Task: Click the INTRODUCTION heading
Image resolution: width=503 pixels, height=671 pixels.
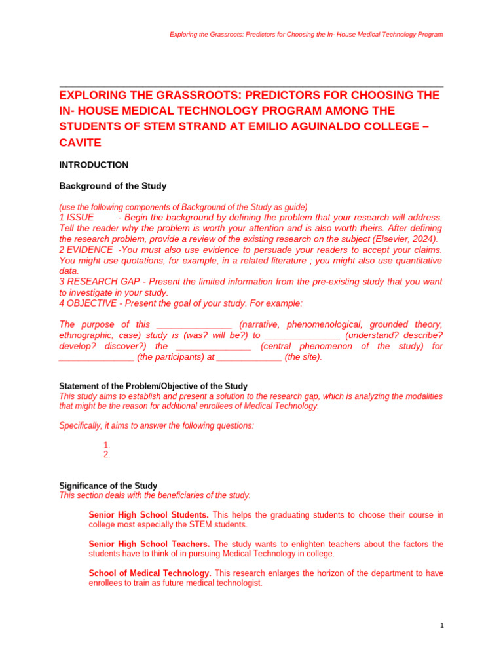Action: [94, 165]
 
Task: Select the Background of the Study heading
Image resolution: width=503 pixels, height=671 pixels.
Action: [113, 186]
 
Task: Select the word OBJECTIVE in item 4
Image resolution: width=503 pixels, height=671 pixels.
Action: [92, 303]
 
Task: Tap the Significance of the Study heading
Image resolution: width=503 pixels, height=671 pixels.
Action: [108, 486]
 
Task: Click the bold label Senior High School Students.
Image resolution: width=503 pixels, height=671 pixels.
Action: [149, 515]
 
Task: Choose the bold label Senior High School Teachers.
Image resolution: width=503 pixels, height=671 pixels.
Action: [149, 544]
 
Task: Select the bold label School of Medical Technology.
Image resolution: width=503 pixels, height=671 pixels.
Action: [150, 573]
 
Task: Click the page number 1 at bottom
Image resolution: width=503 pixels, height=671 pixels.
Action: [442, 626]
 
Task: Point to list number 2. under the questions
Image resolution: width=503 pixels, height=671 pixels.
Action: [107, 455]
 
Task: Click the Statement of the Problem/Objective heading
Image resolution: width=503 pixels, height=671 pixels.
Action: [153, 387]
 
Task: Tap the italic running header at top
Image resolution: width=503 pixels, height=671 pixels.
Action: [306, 34]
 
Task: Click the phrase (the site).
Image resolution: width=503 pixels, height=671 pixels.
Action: [303, 357]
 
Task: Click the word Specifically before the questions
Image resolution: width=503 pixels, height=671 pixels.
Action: [81, 425]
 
